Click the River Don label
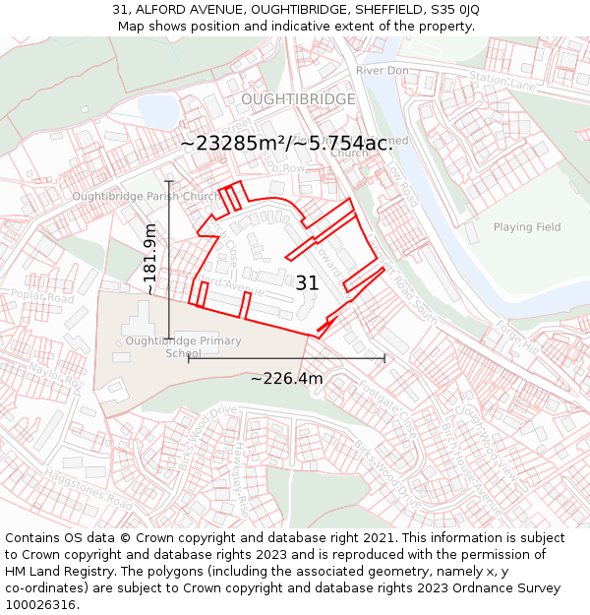382,71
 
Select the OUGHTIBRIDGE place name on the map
298,99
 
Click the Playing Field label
527,227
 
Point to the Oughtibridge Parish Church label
146,197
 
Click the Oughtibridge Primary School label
183,347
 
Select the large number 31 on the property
307,283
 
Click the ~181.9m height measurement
149,259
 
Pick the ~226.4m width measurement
286,379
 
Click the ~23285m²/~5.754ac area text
286,144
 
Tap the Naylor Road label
53,375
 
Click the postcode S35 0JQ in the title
453,9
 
